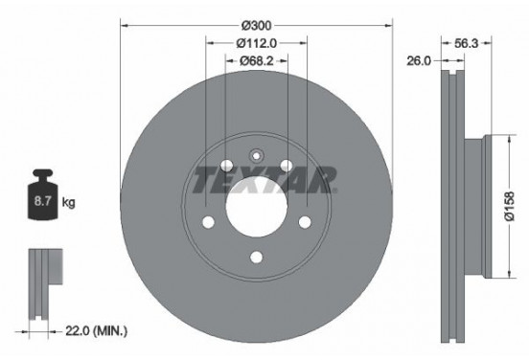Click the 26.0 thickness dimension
pyautogui.click(x=419, y=59)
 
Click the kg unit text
pyautogui.click(x=68, y=204)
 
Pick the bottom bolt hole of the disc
pyautogui.click(x=256, y=256)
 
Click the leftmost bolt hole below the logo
pyautogui.click(x=207, y=222)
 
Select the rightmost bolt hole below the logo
pyautogui.click(x=305, y=222)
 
